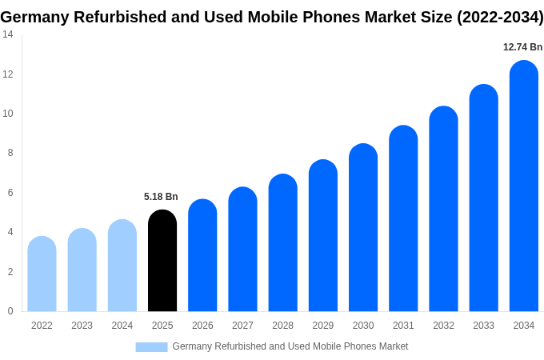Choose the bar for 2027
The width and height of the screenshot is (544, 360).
(x=242, y=250)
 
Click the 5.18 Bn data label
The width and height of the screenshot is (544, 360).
(x=161, y=197)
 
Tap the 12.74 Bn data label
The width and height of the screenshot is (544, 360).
(x=522, y=47)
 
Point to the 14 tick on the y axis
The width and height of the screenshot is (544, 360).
(x=7, y=34)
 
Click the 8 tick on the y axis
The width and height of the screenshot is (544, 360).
(x=10, y=153)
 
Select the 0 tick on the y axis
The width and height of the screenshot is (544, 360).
(x=10, y=311)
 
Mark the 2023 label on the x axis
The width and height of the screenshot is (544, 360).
(x=82, y=326)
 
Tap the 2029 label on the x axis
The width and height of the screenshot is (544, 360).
(x=322, y=326)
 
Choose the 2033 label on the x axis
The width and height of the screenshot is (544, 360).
(x=483, y=326)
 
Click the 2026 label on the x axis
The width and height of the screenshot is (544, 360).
(x=202, y=326)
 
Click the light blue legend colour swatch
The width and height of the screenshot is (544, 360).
(x=151, y=346)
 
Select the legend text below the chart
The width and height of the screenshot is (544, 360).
(x=290, y=346)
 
